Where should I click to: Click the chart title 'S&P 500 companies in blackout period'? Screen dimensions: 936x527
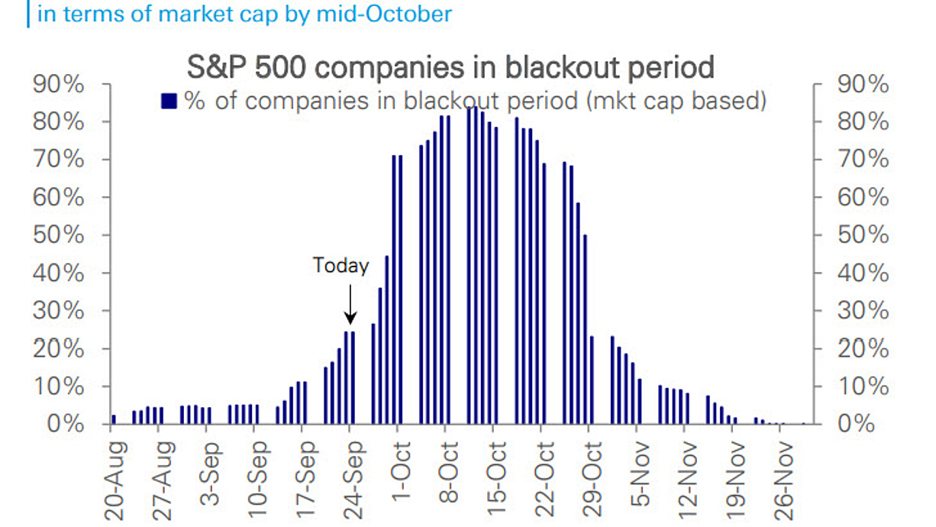coord(450,67)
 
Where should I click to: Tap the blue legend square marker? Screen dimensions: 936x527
coord(169,101)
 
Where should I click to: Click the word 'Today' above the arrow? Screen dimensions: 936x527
coord(341,265)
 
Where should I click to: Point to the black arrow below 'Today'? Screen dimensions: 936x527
coord(350,304)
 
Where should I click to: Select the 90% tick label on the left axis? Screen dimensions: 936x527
coord(59,84)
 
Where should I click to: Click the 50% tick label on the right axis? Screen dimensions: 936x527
coord(863,235)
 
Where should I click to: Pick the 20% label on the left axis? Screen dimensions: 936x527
coord(59,348)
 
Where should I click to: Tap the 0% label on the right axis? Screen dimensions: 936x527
coord(856,424)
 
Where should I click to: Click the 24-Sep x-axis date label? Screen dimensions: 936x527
coord(353,480)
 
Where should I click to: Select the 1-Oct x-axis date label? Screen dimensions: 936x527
coord(400,471)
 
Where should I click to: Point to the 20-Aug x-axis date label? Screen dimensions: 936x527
coord(114,481)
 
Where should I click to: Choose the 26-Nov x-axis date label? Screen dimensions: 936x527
coord(783,481)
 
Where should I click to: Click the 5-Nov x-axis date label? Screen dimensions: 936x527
coord(639,474)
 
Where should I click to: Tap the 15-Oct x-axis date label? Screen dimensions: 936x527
coord(496,478)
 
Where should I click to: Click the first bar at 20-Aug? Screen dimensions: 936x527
coord(114,419)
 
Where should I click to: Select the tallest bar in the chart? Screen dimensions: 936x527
coord(476,265)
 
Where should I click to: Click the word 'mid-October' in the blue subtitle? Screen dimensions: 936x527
coord(384,14)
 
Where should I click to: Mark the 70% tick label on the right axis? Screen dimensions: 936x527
coord(863,159)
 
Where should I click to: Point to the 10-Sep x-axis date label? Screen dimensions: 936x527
coord(257,480)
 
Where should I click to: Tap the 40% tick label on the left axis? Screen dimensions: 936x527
coord(59,273)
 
